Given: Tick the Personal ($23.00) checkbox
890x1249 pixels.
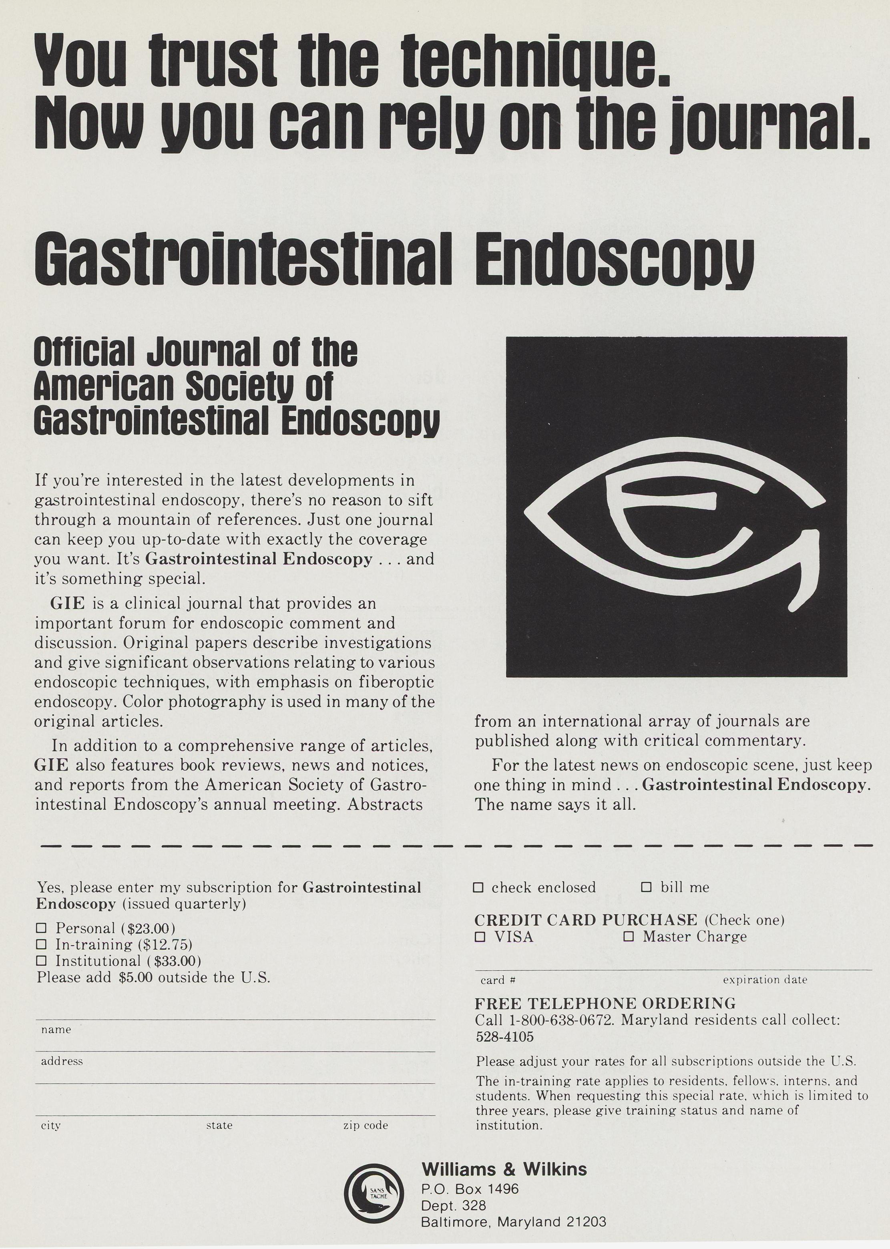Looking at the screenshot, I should click(41, 928).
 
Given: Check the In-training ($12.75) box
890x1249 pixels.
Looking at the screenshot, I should click(41, 944).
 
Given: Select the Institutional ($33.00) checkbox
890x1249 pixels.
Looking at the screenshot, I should click(41, 961).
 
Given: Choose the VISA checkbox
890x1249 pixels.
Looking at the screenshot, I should click(480, 937).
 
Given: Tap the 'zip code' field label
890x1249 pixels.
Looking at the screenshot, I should click(366, 1125).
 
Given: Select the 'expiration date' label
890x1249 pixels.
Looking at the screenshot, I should click(765, 979).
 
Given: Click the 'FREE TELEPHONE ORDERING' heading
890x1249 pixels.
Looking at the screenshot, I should click(605, 1004).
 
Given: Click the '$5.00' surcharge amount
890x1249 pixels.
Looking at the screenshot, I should click(135, 978).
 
